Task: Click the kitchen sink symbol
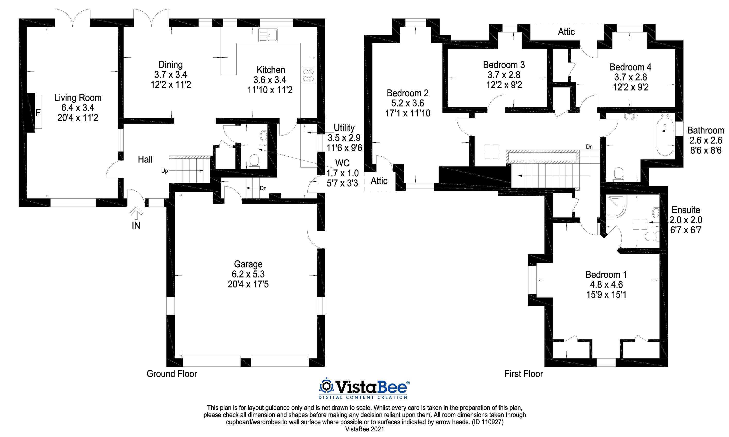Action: tap(268, 35)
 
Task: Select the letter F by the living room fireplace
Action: tap(38, 113)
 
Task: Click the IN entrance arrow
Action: tap(136, 213)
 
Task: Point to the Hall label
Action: tap(145, 159)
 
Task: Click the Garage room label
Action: tap(248, 264)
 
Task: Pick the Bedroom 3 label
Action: tap(504, 64)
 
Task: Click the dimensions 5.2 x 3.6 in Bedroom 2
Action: tap(408, 103)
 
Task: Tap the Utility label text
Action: tap(344, 128)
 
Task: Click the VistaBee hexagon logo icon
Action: tap(326, 386)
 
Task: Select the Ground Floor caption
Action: tap(172, 374)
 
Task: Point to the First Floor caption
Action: tap(524, 374)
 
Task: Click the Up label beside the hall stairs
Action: tap(165, 171)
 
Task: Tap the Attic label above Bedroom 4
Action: tap(566, 32)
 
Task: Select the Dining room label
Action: tap(171, 65)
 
